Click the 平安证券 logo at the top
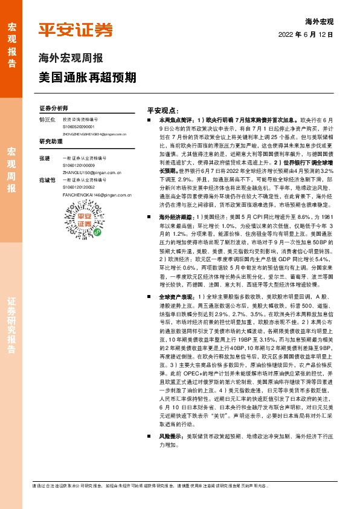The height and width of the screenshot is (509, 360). coord(76,30)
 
